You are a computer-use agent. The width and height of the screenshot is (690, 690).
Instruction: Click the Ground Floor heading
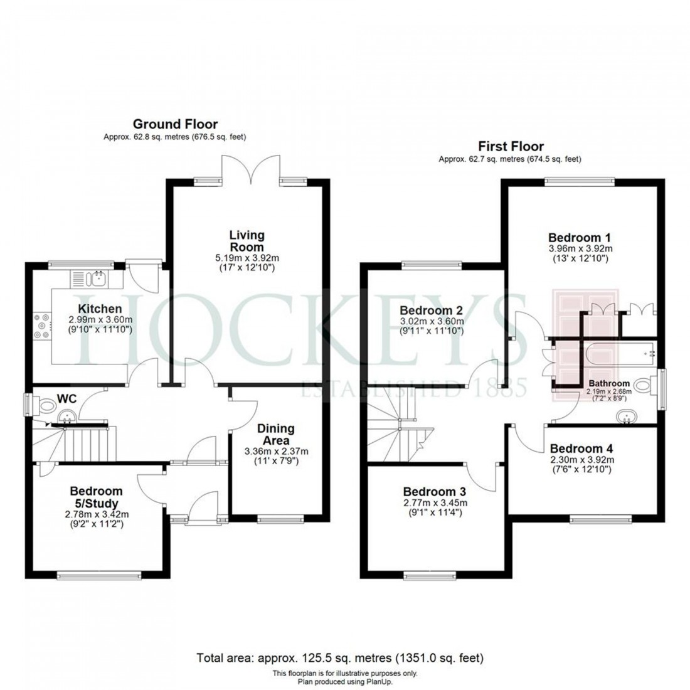pyautogui.click(x=175, y=124)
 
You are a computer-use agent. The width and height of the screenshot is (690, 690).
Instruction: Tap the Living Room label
pyautogui.click(x=247, y=241)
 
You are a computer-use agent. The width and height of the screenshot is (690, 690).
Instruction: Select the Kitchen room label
pyautogui.click(x=100, y=309)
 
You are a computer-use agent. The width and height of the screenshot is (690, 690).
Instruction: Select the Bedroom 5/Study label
pyautogui.click(x=96, y=497)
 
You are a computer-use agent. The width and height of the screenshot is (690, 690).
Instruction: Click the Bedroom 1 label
pyautogui.click(x=579, y=238)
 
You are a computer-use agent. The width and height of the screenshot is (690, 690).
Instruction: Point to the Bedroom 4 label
pyautogui.click(x=581, y=449)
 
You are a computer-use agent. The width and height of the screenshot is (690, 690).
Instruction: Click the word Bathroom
pyautogui.click(x=608, y=383)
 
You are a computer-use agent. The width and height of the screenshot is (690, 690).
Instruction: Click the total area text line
pyautogui.click(x=340, y=658)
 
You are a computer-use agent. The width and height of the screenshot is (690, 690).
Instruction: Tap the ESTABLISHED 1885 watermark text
pyautogui.click(x=414, y=390)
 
